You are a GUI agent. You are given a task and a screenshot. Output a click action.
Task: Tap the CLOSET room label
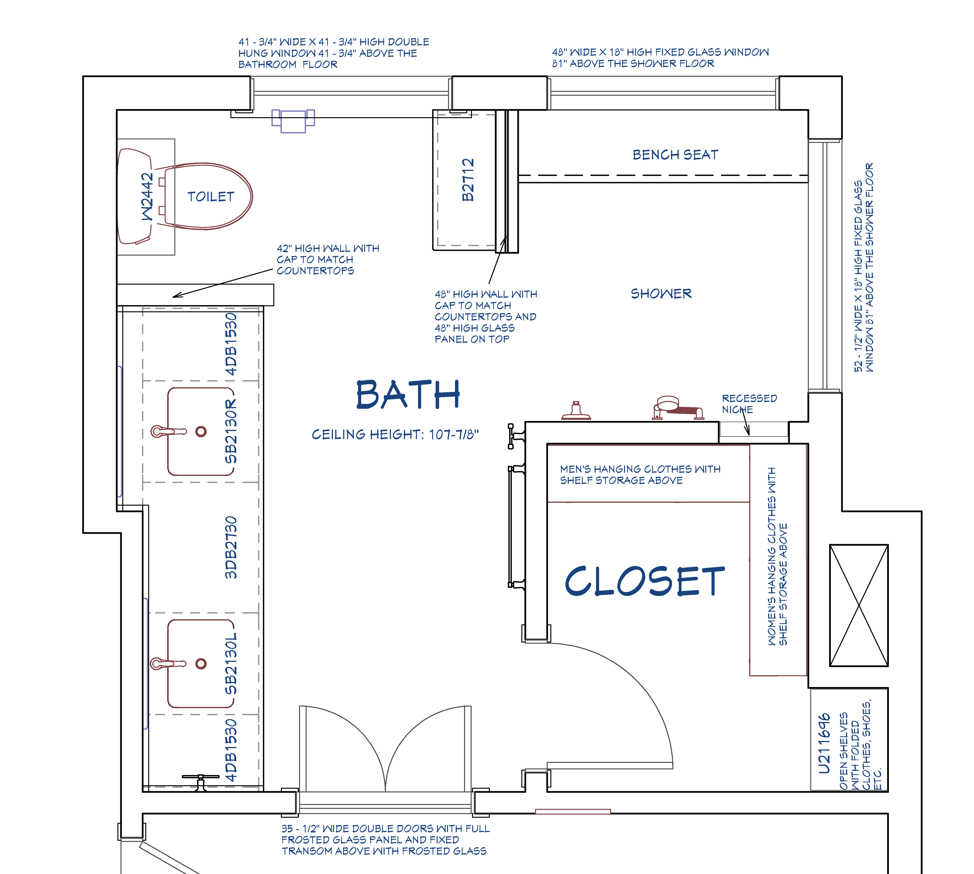[x=645, y=581]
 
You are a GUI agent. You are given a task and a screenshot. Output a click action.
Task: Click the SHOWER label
[x=661, y=293]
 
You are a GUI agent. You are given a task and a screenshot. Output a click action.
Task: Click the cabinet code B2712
[x=468, y=180]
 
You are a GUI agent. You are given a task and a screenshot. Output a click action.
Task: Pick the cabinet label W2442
[x=147, y=197]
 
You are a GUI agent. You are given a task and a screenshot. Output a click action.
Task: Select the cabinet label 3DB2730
[x=231, y=547]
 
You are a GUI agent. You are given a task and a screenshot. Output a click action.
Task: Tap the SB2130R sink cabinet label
[x=231, y=431]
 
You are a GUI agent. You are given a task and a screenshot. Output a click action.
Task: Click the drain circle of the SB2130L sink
[x=201, y=664]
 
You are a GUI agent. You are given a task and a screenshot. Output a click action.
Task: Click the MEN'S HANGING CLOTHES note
[x=640, y=475]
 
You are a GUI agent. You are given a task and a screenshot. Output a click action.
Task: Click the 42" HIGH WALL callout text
[x=328, y=259]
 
